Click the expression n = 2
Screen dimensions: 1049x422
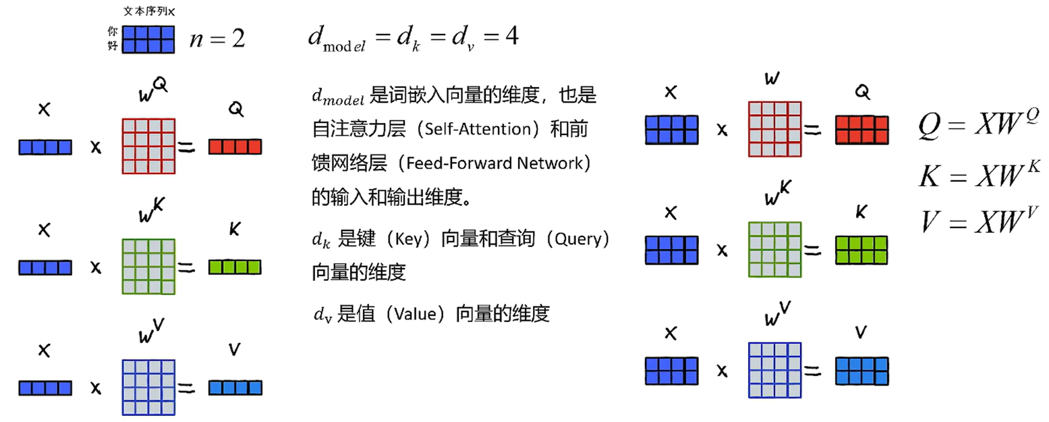click(217, 38)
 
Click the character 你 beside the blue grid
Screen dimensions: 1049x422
click(113, 32)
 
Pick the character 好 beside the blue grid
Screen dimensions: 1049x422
click(113, 46)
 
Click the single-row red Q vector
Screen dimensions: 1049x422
click(235, 147)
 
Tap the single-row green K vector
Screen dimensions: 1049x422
click(235, 268)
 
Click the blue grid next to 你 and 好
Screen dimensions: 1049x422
click(148, 38)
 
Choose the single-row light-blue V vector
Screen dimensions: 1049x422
click(235, 388)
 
